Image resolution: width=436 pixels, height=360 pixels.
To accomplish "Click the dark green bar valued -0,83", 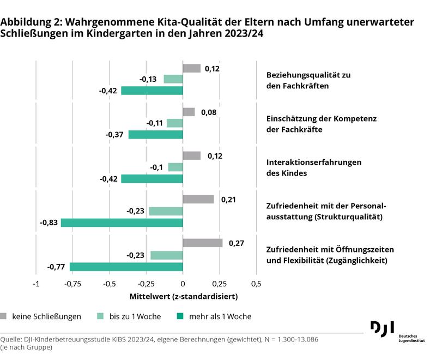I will tap(122, 223).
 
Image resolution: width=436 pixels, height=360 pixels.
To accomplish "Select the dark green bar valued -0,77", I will tap(126, 267).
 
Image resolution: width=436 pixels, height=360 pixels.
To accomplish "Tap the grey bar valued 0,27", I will tap(203, 243).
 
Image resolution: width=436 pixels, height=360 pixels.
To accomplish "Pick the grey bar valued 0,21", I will tap(198, 199).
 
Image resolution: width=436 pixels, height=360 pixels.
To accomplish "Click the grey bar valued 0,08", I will tap(189, 112).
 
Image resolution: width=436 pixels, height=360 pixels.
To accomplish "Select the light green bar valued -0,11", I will tap(175, 123).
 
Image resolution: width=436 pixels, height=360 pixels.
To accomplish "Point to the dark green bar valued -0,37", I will tap(156, 135).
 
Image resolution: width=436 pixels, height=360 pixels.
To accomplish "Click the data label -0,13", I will tap(148, 80).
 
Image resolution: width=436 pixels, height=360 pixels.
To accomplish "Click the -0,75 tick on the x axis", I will tap(73, 284).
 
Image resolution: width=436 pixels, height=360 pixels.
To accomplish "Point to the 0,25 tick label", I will tap(219, 284).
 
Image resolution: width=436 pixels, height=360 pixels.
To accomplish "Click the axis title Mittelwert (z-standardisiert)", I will tap(184, 297).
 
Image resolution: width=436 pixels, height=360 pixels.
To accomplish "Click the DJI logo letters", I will tap(382, 329).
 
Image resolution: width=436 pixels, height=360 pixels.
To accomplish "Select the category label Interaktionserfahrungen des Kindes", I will tap(313, 167).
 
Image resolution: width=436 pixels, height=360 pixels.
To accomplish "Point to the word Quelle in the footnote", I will tap(12, 339).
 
